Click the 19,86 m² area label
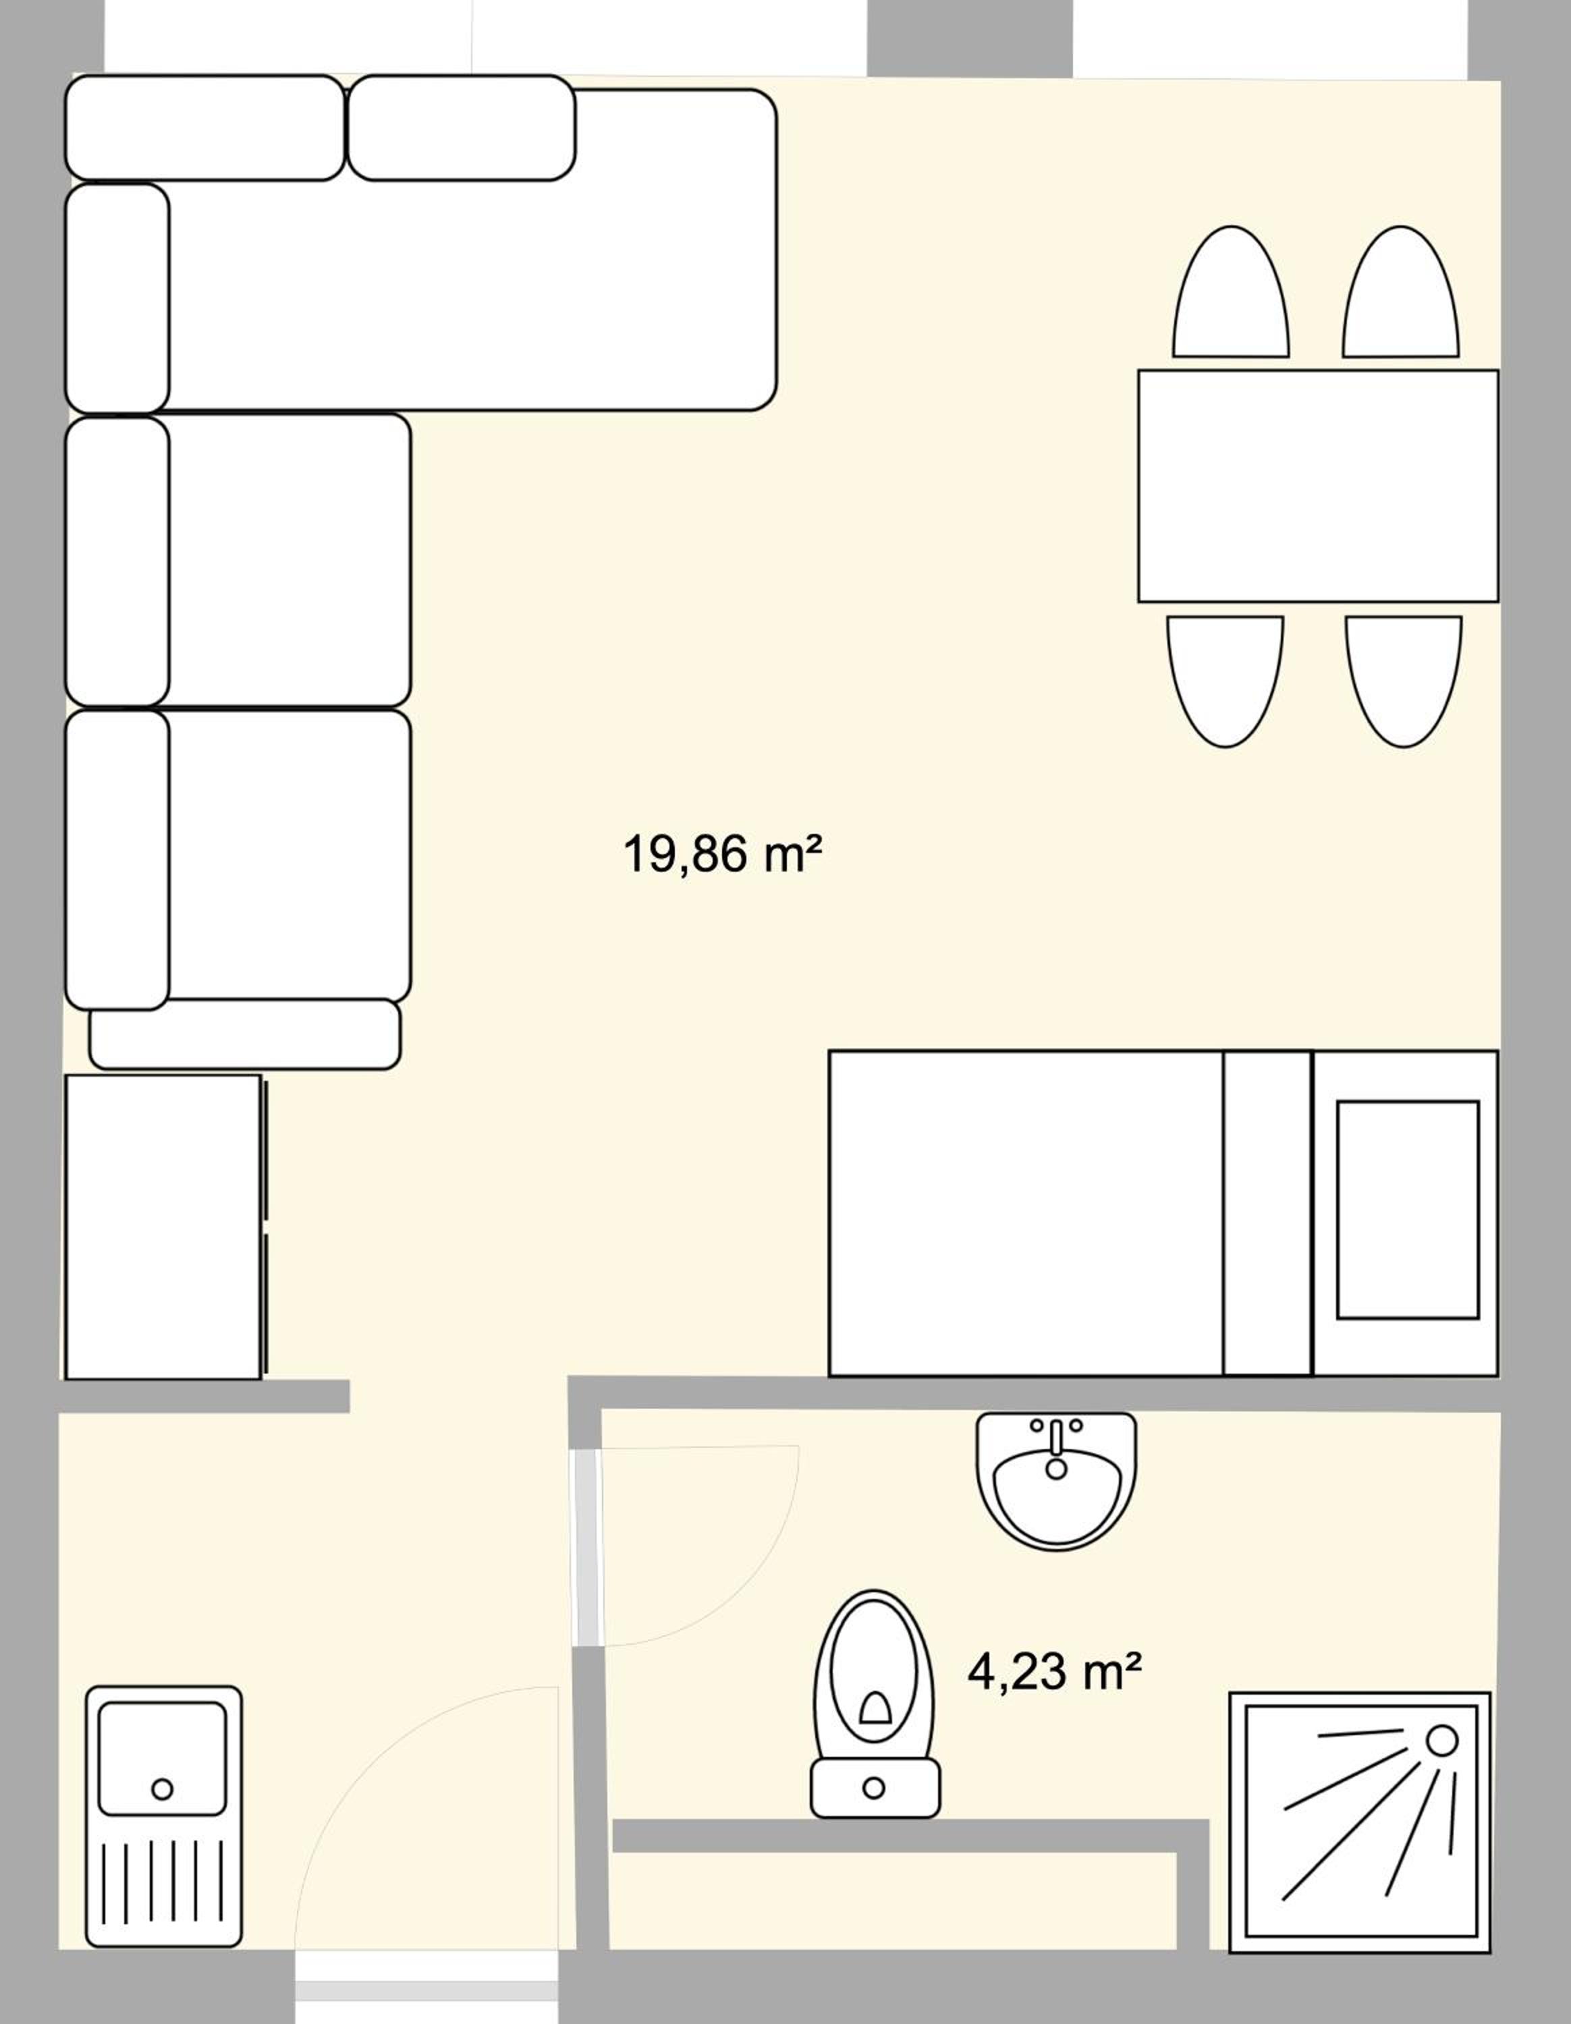click(x=722, y=853)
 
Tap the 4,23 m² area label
click(x=1054, y=1672)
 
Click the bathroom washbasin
click(x=1055, y=1480)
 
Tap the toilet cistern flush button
click(x=873, y=1788)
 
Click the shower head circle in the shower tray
click(x=1441, y=1739)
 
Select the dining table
click(x=1318, y=486)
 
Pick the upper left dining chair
click(x=1231, y=292)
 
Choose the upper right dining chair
click(x=1400, y=292)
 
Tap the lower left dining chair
click(x=1225, y=681)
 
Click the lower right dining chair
click(x=1404, y=681)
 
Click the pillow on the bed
click(x=1407, y=1210)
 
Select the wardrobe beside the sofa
click(x=165, y=1227)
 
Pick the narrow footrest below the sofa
click(x=245, y=1034)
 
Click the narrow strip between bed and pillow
click(x=1268, y=1213)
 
